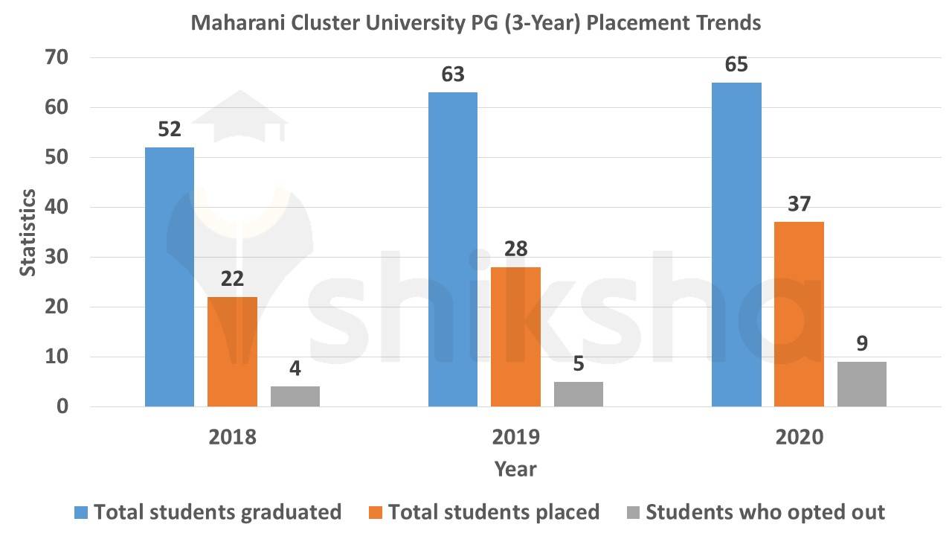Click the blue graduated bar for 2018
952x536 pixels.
(x=170, y=277)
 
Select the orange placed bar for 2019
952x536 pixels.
(x=515, y=336)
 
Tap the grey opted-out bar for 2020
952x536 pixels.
(x=862, y=384)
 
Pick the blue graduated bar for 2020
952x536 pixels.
(x=736, y=244)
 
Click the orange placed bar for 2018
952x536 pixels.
(x=232, y=351)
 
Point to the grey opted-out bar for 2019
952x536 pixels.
(x=578, y=394)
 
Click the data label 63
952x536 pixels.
(x=453, y=74)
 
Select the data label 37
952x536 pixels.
(x=799, y=204)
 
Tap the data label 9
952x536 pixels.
(x=862, y=344)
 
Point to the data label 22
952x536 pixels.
(x=232, y=279)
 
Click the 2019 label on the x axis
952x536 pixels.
(x=515, y=436)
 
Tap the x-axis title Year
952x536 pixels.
(x=515, y=469)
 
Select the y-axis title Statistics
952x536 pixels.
(x=28, y=232)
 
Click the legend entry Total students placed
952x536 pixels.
(x=494, y=512)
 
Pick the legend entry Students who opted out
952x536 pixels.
(x=765, y=512)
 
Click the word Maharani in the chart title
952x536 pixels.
(x=238, y=23)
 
